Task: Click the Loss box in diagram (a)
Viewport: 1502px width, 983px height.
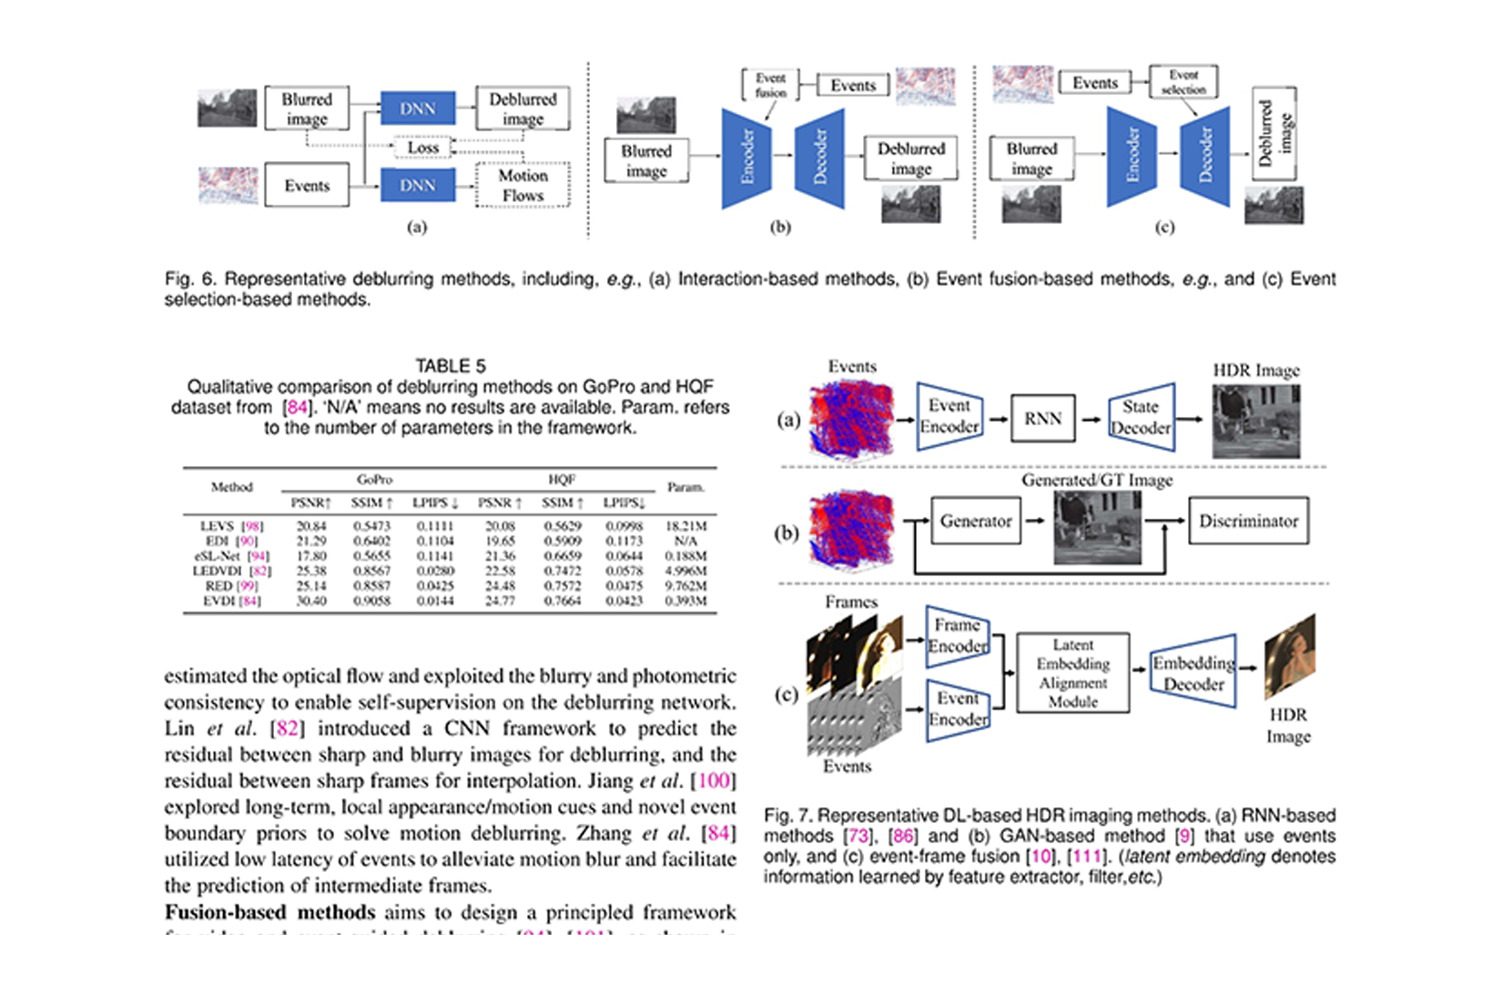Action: click(x=422, y=147)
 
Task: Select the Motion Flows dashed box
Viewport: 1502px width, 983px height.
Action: click(x=523, y=186)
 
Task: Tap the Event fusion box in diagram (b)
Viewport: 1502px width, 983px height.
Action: click(x=770, y=85)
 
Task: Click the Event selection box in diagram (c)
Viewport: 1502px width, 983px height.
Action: click(x=1182, y=82)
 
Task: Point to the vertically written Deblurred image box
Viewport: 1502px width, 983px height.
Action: click(x=1274, y=133)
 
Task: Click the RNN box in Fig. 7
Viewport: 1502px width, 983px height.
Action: click(x=1042, y=419)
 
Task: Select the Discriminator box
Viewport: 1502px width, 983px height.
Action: click(x=1248, y=522)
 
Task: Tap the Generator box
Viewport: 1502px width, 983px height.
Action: click(x=976, y=522)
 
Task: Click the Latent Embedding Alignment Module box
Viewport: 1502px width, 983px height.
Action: click(x=1072, y=674)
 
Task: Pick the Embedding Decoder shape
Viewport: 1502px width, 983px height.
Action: click(x=1193, y=674)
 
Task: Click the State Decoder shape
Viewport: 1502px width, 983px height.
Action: click(x=1141, y=418)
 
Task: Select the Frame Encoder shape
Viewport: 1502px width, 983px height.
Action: click(x=957, y=635)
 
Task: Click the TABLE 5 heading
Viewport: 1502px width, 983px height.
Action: click(x=451, y=366)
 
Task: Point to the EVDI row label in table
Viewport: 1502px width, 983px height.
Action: click(x=231, y=601)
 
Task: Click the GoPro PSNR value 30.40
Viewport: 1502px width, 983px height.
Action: click(x=311, y=601)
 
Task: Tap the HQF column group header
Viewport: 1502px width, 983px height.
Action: click(x=561, y=479)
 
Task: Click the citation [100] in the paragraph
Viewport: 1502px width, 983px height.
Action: click(x=714, y=781)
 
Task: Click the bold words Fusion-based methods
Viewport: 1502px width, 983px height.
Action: click(x=269, y=912)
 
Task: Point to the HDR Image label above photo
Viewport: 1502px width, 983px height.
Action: click(x=1255, y=370)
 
